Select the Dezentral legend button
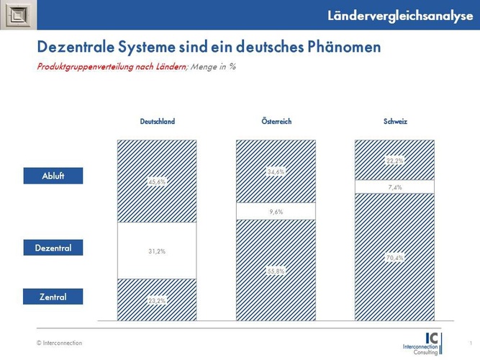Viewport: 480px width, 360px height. [53, 248]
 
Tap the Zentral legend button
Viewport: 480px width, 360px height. [53, 295]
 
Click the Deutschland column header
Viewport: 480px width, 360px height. [157, 122]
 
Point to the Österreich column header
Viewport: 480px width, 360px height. [276, 122]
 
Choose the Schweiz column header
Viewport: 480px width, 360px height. [395, 122]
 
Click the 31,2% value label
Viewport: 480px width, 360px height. [157, 251]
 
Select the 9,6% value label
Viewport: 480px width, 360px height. [276, 212]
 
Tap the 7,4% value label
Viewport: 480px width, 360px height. [394, 187]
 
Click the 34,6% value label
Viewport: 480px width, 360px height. [276, 171]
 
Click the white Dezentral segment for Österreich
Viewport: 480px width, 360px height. [252, 212]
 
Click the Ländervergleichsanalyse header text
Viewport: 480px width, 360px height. [404, 15]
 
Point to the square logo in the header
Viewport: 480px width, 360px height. [15, 15]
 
